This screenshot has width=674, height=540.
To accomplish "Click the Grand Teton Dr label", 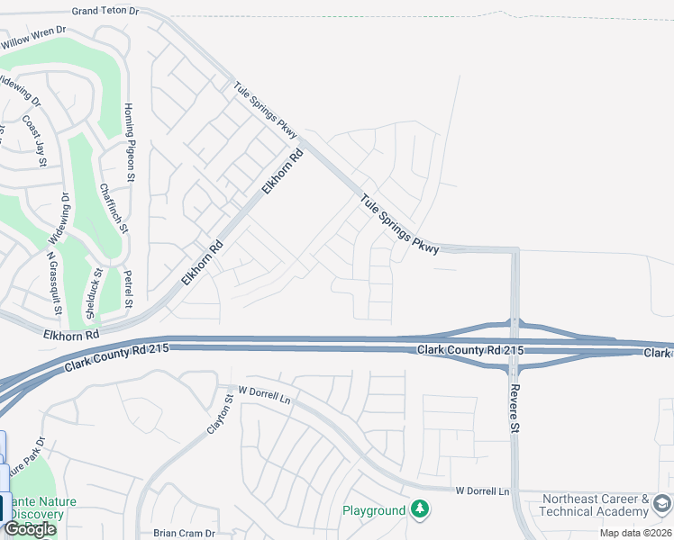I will [x=106, y=12].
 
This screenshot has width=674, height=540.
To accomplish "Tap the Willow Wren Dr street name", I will [x=34, y=37].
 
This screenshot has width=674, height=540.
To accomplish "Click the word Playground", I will [x=374, y=511].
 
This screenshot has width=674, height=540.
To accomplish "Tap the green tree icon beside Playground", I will [x=419, y=510].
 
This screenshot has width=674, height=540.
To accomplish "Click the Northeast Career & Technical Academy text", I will [x=595, y=505].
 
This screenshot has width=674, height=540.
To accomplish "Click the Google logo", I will [x=29, y=529].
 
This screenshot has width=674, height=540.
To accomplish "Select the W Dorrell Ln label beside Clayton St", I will [x=267, y=393].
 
